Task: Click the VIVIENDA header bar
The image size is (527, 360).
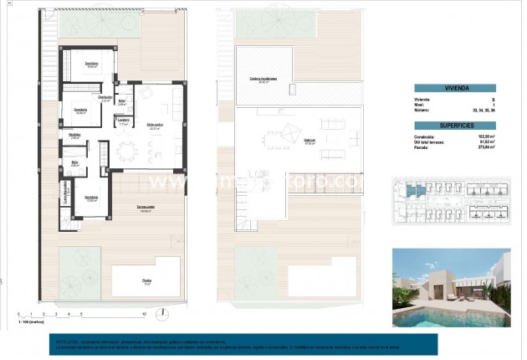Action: click(454, 87)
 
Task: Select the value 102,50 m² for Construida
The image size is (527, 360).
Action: click(484, 136)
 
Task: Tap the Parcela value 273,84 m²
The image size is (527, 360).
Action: click(484, 147)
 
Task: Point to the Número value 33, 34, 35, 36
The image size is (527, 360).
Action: click(482, 109)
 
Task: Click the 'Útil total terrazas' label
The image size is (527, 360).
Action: click(431, 141)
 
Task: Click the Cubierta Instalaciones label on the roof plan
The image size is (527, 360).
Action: click(263, 80)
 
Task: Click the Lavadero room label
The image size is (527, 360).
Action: click(123, 120)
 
